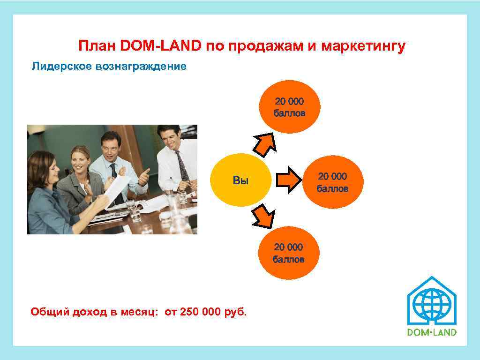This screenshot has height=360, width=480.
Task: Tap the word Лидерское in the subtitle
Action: pyautogui.click(x=61, y=67)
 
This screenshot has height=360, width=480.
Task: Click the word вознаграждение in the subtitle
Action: pyautogui.click(x=141, y=67)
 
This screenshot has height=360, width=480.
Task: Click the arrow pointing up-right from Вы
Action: pyautogui.click(x=265, y=143)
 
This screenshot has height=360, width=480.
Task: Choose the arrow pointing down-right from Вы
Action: pyautogui.click(x=264, y=217)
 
